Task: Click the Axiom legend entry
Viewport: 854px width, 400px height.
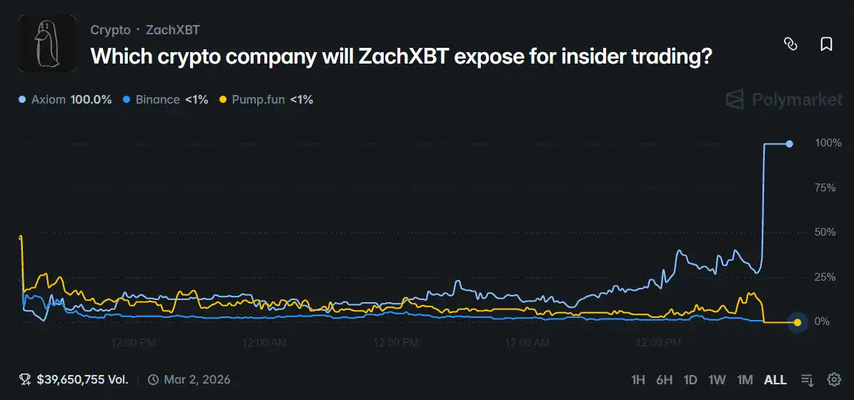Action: pyautogui.click(x=65, y=99)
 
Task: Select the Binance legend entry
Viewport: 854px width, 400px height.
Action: pyautogui.click(x=165, y=99)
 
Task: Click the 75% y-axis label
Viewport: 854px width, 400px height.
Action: pyautogui.click(x=825, y=188)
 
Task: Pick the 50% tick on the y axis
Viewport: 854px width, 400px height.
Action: pyautogui.click(x=825, y=232)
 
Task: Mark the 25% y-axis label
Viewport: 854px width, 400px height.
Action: pyautogui.click(x=825, y=277)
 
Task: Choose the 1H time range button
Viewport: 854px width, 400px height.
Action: pyautogui.click(x=638, y=380)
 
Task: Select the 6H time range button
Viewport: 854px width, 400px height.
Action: pyautogui.click(x=665, y=380)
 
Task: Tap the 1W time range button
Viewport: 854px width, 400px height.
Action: pyautogui.click(x=717, y=380)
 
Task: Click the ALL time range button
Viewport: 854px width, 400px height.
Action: pyautogui.click(x=775, y=380)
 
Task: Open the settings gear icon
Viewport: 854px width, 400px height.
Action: pyautogui.click(x=833, y=379)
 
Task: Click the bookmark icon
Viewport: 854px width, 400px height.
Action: pyautogui.click(x=826, y=44)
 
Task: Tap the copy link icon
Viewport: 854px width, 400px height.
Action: pyautogui.click(x=790, y=44)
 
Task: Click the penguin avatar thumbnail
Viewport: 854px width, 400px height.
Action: pyautogui.click(x=47, y=44)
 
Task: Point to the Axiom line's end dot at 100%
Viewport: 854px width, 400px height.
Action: pyautogui.click(x=789, y=144)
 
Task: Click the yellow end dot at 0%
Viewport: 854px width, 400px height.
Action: pyautogui.click(x=798, y=322)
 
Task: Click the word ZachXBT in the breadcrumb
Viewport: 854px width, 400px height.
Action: pyautogui.click(x=172, y=30)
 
